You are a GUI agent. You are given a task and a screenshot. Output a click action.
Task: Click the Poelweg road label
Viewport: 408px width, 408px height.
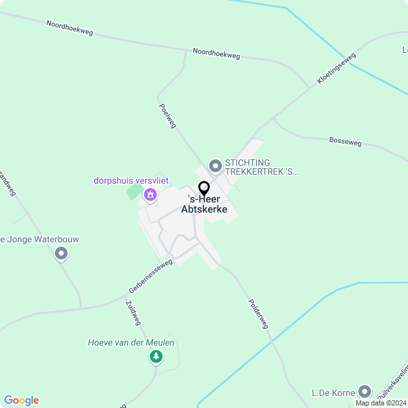pos(168,116)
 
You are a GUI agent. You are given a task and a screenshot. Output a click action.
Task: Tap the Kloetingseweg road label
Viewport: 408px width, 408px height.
pos(337,69)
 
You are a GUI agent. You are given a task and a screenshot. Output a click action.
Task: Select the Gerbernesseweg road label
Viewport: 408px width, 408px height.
pos(150,275)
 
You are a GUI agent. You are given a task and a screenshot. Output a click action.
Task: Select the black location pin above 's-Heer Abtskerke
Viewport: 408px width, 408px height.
pos(204,189)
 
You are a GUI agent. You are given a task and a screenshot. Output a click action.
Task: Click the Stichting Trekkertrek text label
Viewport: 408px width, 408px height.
pos(261,167)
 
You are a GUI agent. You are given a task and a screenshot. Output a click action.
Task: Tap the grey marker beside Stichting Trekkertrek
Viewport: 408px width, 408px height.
pos(215,166)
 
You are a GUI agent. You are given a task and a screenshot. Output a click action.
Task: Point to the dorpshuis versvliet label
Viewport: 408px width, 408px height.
pos(131,181)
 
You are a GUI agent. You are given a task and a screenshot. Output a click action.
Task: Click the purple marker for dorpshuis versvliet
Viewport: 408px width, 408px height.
pos(150,194)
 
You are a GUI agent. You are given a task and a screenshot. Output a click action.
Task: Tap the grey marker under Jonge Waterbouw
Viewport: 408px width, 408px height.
pos(61,254)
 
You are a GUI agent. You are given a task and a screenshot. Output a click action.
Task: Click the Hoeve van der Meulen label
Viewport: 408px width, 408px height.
pos(131,342)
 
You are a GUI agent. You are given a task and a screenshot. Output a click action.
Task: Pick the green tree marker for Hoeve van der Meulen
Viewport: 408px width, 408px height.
pos(156,357)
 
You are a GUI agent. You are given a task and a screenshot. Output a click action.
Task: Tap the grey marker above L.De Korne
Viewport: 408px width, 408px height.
pos(365,391)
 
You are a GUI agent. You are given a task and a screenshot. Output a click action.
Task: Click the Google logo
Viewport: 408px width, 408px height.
pos(21,400)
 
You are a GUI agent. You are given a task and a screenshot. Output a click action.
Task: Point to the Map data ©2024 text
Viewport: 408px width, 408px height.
pos(381,403)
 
